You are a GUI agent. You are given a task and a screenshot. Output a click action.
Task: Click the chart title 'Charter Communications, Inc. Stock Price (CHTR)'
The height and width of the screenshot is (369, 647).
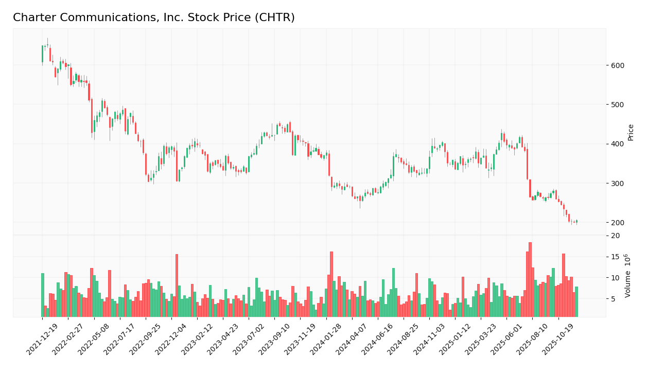[x=153, y=18]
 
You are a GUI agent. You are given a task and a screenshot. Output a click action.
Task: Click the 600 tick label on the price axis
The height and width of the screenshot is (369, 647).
[x=618, y=65]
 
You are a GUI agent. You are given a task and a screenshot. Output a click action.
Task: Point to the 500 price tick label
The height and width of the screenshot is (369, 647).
[x=618, y=105]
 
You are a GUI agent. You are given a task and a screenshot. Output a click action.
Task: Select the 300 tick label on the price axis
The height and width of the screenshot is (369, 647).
[x=618, y=183]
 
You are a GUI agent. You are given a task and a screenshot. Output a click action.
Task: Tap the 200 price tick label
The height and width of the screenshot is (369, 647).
[x=618, y=223]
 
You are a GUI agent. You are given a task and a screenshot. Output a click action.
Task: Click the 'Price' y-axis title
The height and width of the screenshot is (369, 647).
[x=631, y=132]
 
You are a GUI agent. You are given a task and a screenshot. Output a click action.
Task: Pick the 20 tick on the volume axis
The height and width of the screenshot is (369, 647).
[x=615, y=236]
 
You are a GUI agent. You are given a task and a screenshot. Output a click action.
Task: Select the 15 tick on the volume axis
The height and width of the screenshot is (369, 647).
[x=615, y=257]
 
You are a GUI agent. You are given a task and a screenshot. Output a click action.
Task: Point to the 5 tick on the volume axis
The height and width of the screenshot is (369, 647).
[x=613, y=299]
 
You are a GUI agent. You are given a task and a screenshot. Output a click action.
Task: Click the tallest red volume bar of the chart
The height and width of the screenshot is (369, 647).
[x=530, y=280]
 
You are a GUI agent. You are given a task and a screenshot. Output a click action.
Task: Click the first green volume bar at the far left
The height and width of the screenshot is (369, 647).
[x=43, y=295]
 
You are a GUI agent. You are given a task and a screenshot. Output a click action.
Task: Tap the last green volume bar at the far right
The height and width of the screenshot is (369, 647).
[x=576, y=301]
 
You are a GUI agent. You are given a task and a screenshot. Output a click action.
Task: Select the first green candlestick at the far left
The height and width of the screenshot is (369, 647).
[x=42, y=54]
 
